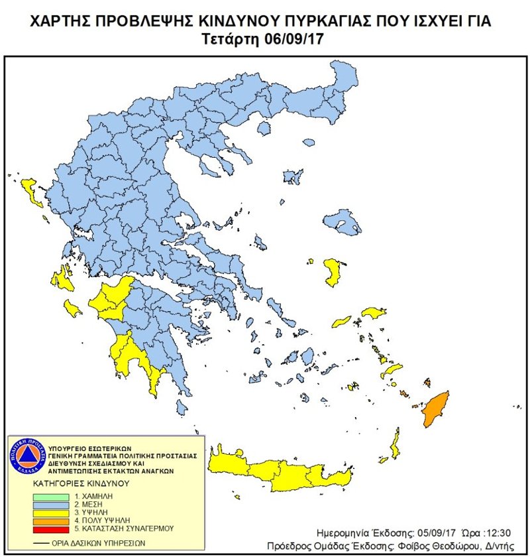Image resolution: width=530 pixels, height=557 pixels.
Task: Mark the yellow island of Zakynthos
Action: [73, 309]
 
